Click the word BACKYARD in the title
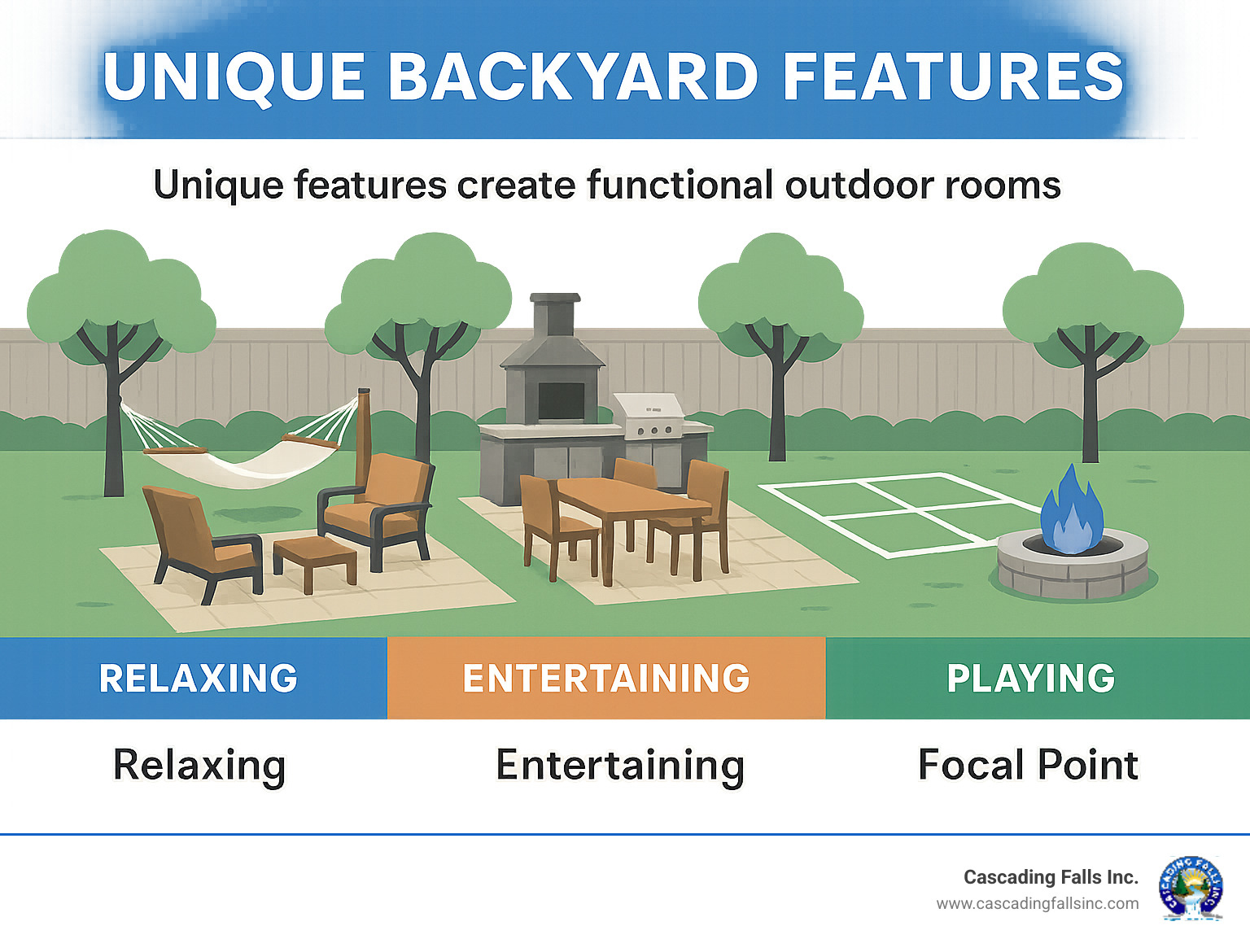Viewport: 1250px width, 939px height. pos(573,76)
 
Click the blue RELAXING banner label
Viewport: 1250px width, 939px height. pos(198,678)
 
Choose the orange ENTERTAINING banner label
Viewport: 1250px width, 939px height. pos(606,678)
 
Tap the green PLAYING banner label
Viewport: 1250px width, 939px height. pos(1030,678)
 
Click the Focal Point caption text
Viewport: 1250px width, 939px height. pos(1028,765)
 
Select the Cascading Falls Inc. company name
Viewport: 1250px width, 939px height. pos(1050,877)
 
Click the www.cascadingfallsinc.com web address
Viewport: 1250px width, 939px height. pos(1037,903)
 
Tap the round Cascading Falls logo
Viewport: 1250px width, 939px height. pos(1191,888)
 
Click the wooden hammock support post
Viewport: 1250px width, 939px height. pos(363,431)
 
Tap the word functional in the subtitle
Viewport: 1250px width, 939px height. pos(679,186)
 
